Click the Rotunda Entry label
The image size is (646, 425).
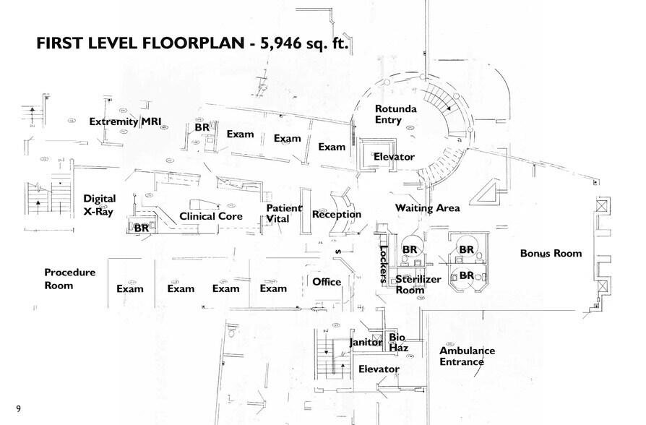[394, 114]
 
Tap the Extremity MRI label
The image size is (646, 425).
[124, 121]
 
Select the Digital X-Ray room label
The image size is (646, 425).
[99, 205]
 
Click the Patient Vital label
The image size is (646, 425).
[278, 212]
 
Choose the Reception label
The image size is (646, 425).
[336, 215]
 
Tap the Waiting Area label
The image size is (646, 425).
[427, 208]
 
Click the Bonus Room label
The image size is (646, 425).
[551, 254]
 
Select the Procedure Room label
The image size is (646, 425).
[69, 279]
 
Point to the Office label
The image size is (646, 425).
[326, 282]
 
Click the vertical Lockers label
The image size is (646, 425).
[383, 263]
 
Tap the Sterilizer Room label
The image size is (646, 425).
[418, 284]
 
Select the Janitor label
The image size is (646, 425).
[365, 343]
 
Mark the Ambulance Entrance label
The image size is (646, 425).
[467, 356]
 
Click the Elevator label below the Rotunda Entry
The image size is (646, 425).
[394, 157]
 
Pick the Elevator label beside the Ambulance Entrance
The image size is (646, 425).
[379, 369]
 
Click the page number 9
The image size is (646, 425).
[18, 409]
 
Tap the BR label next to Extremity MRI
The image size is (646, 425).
[202, 128]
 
